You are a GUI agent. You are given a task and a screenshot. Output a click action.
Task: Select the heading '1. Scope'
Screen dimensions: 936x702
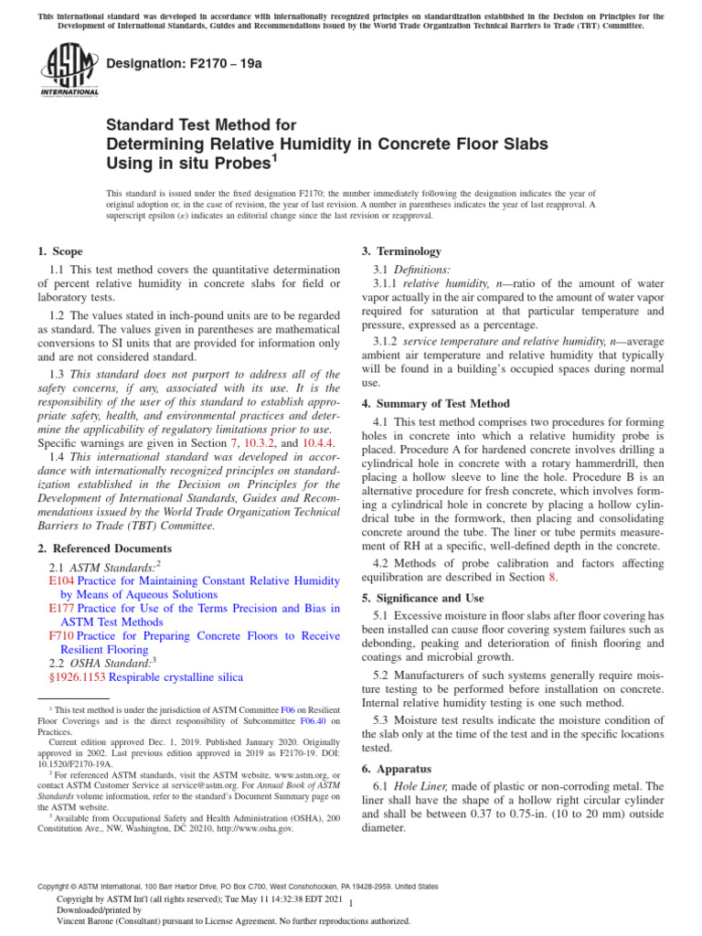click(x=59, y=251)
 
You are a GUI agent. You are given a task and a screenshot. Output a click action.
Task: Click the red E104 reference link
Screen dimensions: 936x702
click(x=61, y=580)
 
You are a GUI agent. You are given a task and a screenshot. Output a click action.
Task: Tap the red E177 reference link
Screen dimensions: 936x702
click(x=61, y=608)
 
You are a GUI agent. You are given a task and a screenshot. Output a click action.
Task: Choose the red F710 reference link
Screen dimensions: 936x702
click(x=60, y=635)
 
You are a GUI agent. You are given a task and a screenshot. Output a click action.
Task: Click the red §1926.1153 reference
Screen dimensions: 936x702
click(x=77, y=677)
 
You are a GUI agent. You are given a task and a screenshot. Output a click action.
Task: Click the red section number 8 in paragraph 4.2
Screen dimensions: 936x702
click(x=551, y=577)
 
